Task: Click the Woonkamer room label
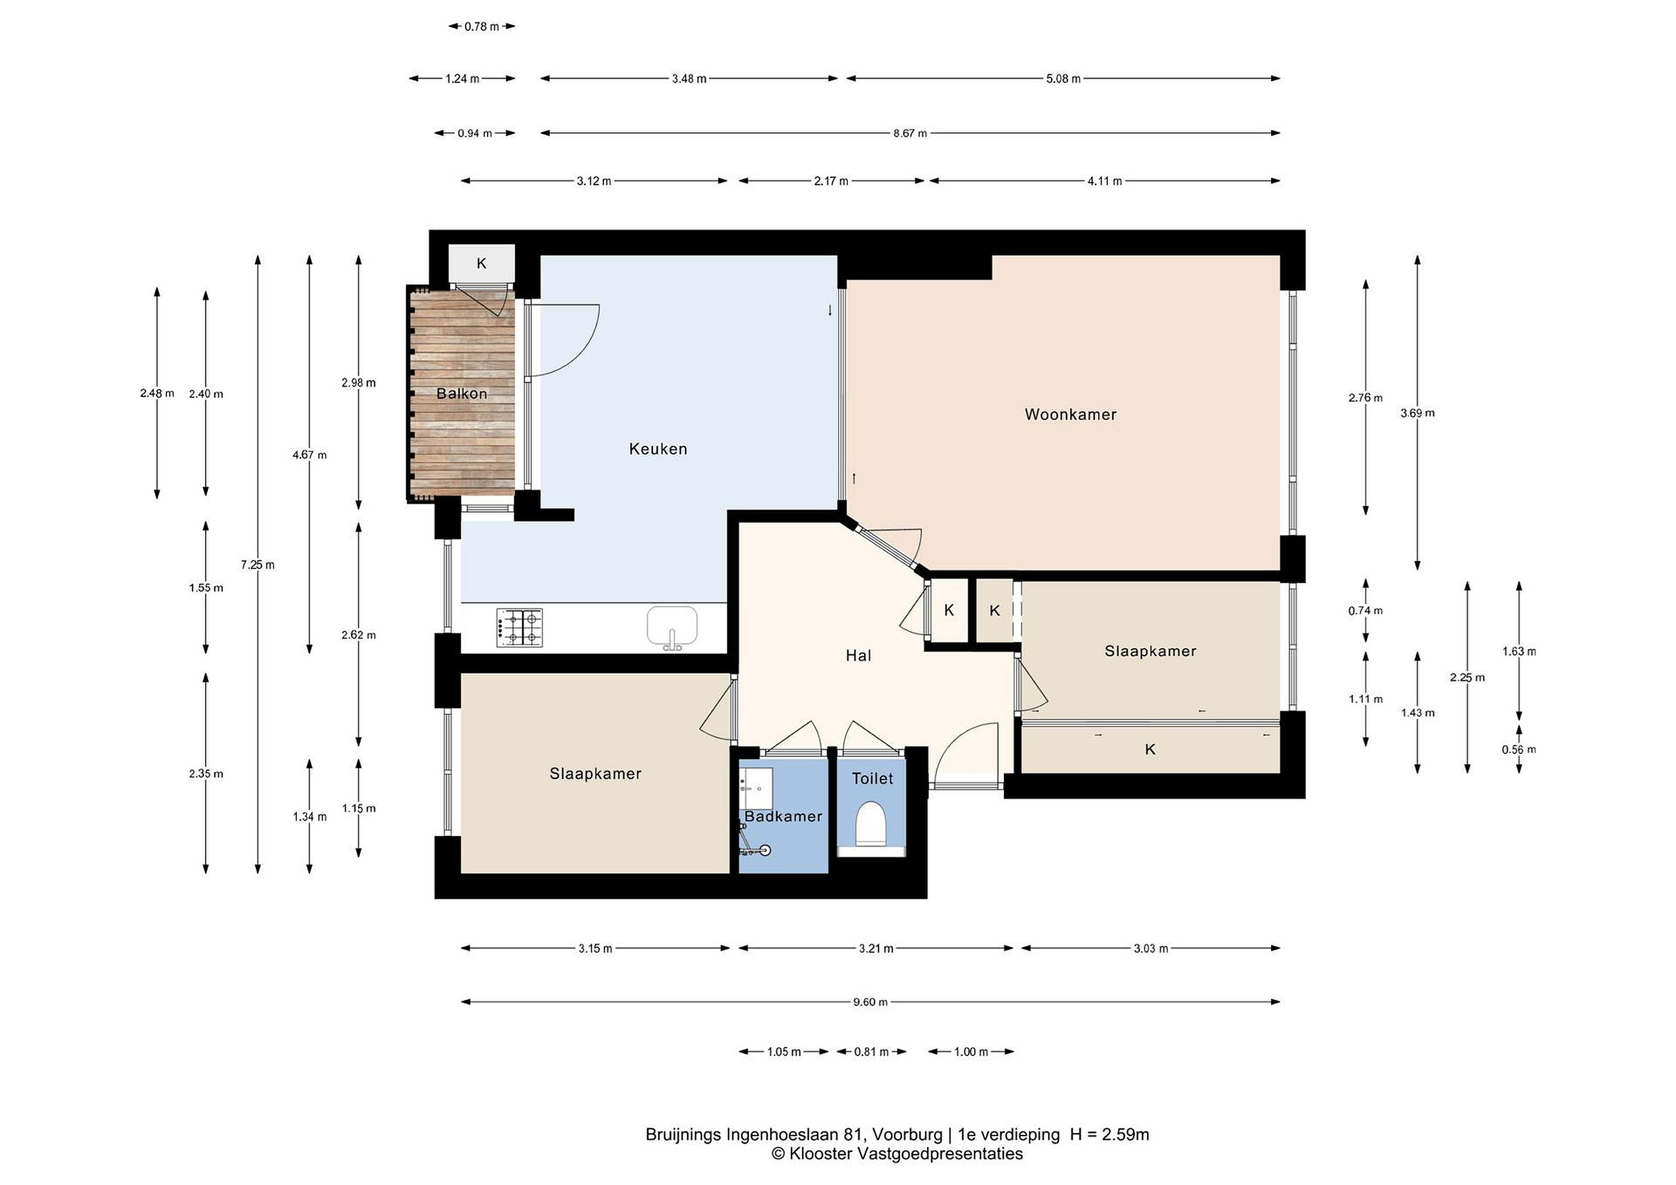pyautogui.click(x=1070, y=414)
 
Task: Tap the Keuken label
pyautogui.click(x=658, y=449)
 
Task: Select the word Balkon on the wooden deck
pyautogui.click(x=461, y=393)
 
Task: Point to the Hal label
pyautogui.click(x=858, y=655)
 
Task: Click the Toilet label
pyautogui.click(x=872, y=778)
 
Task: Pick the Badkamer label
pyautogui.click(x=783, y=817)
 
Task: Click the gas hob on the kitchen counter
pyautogui.click(x=520, y=628)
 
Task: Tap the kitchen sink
pyautogui.click(x=672, y=628)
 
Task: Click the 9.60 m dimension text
pyautogui.click(x=870, y=1002)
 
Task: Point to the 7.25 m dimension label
pyautogui.click(x=258, y=565)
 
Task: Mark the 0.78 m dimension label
pyautogui.click(x=482, y=27)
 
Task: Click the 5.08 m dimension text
pyautogui.click(x=1064, y=79)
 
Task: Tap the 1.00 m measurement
pyautogui.click(x=971, y=1051)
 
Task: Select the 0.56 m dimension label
pyautogui.click(x=1519, y=749)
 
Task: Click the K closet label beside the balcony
pyautogui.click(x=482, y=264)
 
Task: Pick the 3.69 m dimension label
pyautogui.click(x=1418, y=413)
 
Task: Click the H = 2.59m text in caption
pyautogui.click(x=1110, y=1134)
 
